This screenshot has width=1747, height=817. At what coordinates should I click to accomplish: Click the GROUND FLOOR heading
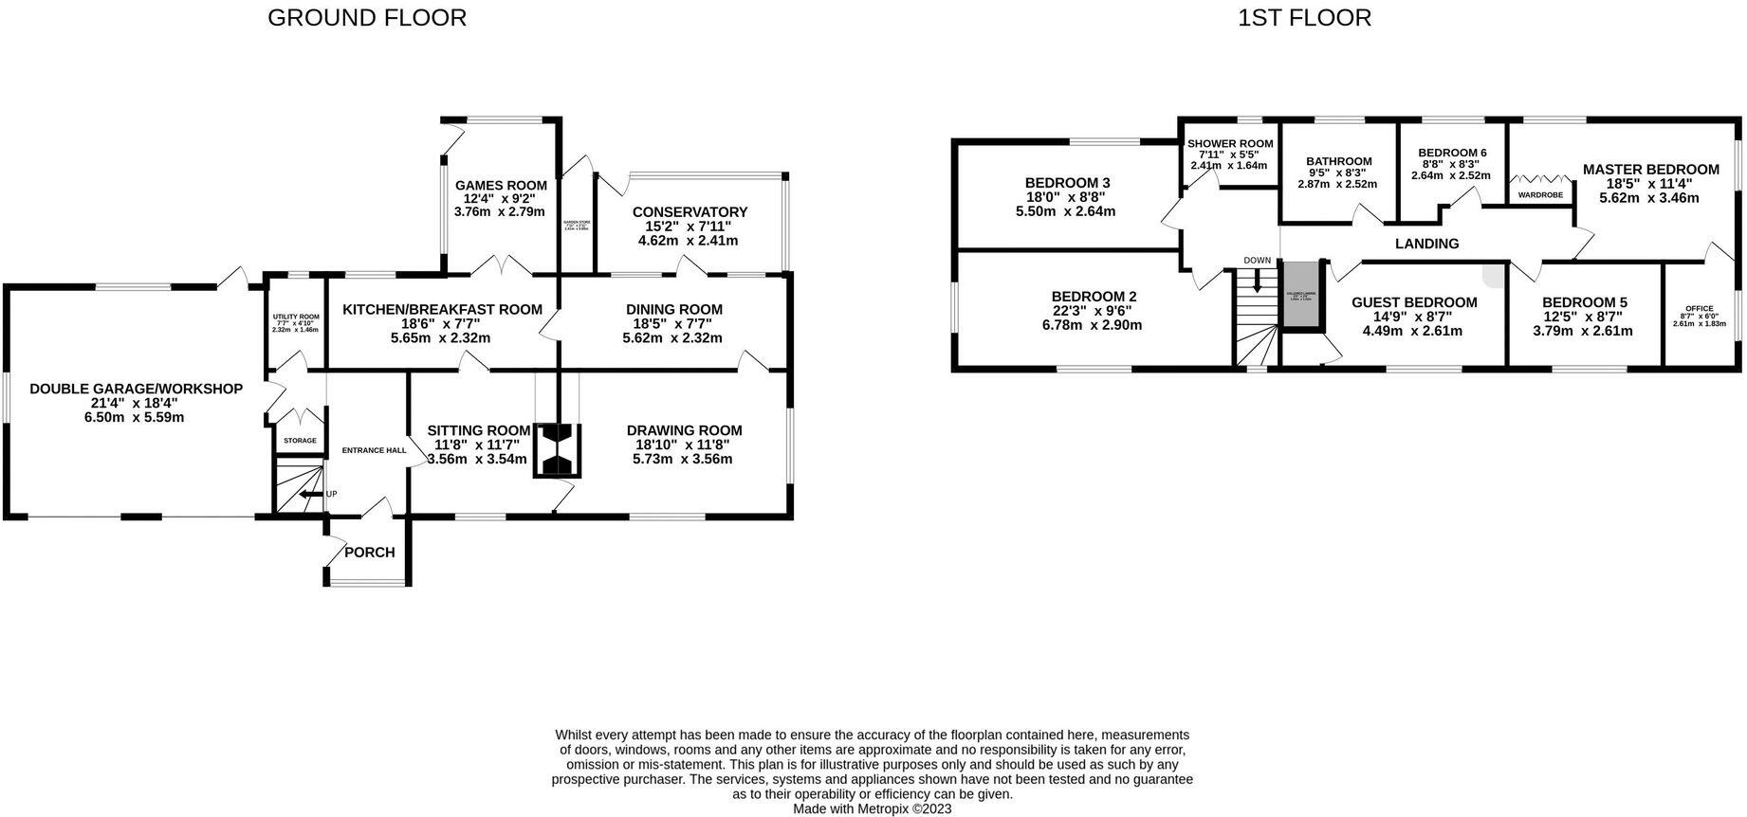point(366,18)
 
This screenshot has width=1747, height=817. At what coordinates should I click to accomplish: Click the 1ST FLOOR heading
point(1304,18)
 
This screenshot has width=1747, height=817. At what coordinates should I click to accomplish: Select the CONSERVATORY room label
point(690,212)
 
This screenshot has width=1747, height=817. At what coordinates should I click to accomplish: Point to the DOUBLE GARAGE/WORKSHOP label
point(136,389)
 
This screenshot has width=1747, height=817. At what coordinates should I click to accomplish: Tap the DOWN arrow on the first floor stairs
point(1258,279)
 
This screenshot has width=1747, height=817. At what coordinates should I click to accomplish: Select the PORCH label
point(369,553)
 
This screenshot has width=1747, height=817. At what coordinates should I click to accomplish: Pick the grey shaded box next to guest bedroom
point(1301,295)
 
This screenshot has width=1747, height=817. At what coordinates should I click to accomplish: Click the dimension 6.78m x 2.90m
point(1094,325)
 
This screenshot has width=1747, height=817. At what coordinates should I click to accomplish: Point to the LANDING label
point(1426,244)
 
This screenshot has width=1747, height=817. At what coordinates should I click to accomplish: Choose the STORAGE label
point(300,441)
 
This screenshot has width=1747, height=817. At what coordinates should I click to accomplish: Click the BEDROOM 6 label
point(1451,153)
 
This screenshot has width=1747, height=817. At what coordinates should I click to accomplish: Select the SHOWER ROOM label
point(1229,144)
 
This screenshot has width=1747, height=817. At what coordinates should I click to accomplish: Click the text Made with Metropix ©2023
point(872,809)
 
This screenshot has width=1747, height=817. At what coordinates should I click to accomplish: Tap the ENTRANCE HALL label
point(373,450)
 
